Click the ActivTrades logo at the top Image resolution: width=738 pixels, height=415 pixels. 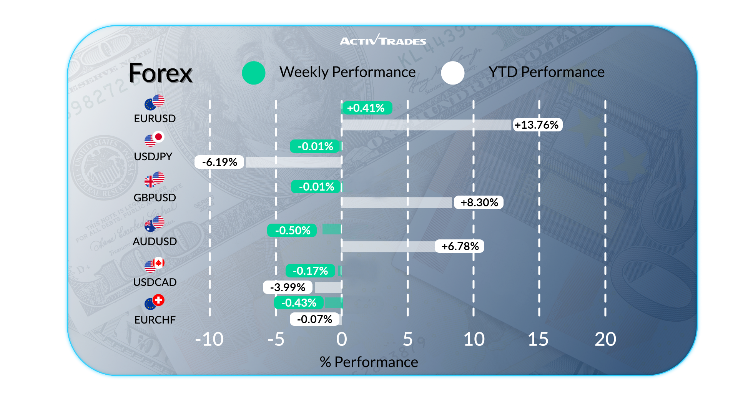click(383, 40)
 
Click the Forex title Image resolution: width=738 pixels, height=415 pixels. click(160, 73)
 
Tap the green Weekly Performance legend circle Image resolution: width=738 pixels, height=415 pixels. click(254, 73)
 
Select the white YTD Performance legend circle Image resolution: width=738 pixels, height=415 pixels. click(452, 73)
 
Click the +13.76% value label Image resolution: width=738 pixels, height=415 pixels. click(537, 125)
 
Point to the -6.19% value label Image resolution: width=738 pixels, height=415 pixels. click(219, 162)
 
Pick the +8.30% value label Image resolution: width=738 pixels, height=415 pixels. click(479, 203)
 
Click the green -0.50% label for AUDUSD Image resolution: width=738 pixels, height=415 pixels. click(292, 231)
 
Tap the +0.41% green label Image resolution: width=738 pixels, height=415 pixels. click(366, 108)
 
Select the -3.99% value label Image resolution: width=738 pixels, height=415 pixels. click(288, 287)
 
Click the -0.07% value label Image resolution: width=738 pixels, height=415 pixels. click(314, 319)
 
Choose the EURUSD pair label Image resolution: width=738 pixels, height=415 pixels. click(155, 118)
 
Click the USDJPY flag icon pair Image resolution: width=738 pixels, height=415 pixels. click(155, 139)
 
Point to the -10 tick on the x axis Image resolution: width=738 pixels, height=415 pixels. click(209, 339)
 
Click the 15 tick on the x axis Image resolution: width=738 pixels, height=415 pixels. click(538, 339)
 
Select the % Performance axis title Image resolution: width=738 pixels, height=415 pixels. click(369, 362)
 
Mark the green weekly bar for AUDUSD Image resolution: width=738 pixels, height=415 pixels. click(332, 229)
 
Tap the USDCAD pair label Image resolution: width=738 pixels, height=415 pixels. click(155, 282)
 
